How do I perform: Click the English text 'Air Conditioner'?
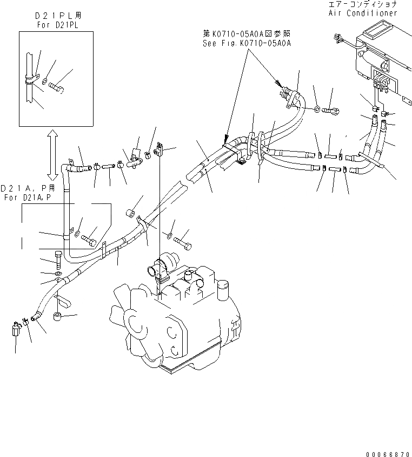pos(370,12)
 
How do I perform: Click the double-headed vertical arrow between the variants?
pos(52,154)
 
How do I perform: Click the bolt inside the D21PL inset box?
pos(56,86)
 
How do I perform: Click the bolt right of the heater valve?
pos(330,111)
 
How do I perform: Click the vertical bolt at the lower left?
pos(58,260)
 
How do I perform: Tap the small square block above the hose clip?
pos(130,212)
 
